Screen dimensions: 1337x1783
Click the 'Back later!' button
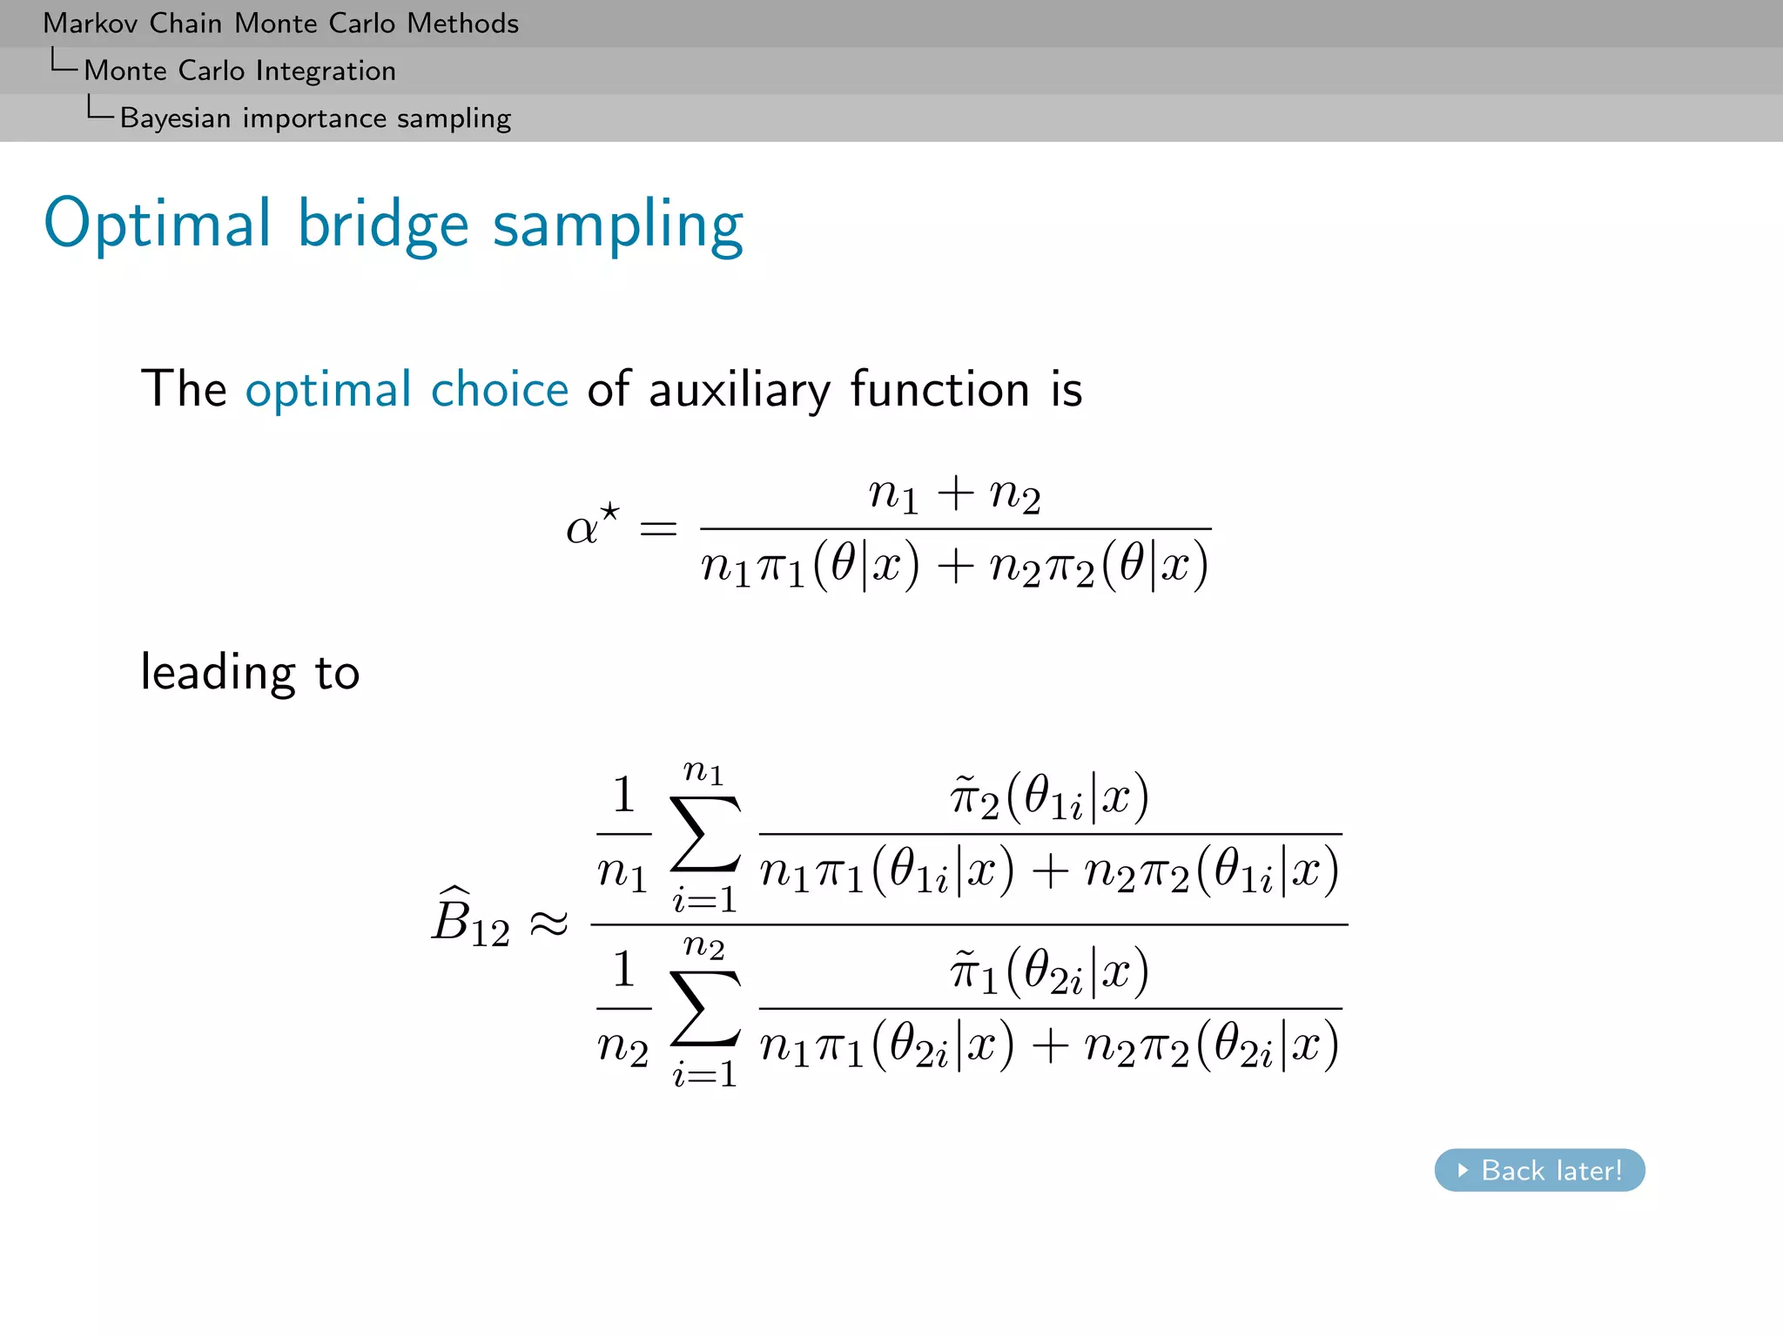coord(1539,1170)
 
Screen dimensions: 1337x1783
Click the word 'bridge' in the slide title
coord(383,225)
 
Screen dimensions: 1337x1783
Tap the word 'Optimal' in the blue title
coord(158,225)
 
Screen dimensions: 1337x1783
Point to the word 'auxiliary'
coord(739,390)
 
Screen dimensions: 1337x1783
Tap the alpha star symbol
coord(592,525)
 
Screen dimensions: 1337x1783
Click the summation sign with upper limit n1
coord(705,836)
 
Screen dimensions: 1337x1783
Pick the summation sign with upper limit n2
coord(705,1010)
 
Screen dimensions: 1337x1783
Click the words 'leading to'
coord(250,673)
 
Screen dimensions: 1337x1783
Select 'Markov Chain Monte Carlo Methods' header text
coord(280,24)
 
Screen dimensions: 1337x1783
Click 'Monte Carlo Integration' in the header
coord(239,71)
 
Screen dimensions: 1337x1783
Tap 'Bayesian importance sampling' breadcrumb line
coord(315,118)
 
